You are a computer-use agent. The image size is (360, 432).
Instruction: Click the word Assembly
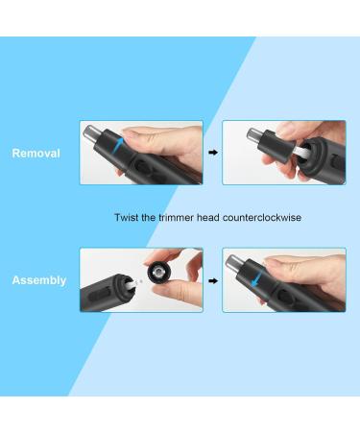(39, 280)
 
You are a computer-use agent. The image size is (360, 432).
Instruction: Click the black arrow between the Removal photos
(213, 152)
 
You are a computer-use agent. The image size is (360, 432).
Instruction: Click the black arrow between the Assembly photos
(213, 279)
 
